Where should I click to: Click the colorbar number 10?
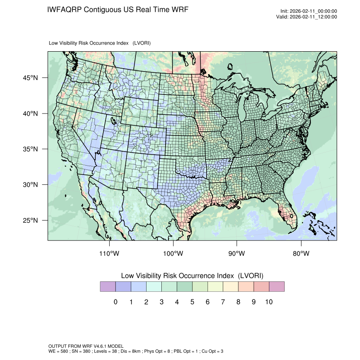(x=269, y=302)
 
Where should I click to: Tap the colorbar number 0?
(x=115, y=302)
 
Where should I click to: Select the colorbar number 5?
(x=192, y=302)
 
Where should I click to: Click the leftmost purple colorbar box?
(x=108, y=287)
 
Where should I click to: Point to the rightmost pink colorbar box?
(x=277, y=287)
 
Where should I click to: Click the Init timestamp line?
(x=309, y=11)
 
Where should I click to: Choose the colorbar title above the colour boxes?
(x=192, y=276)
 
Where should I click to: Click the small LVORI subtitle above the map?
(x=100, y=43)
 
